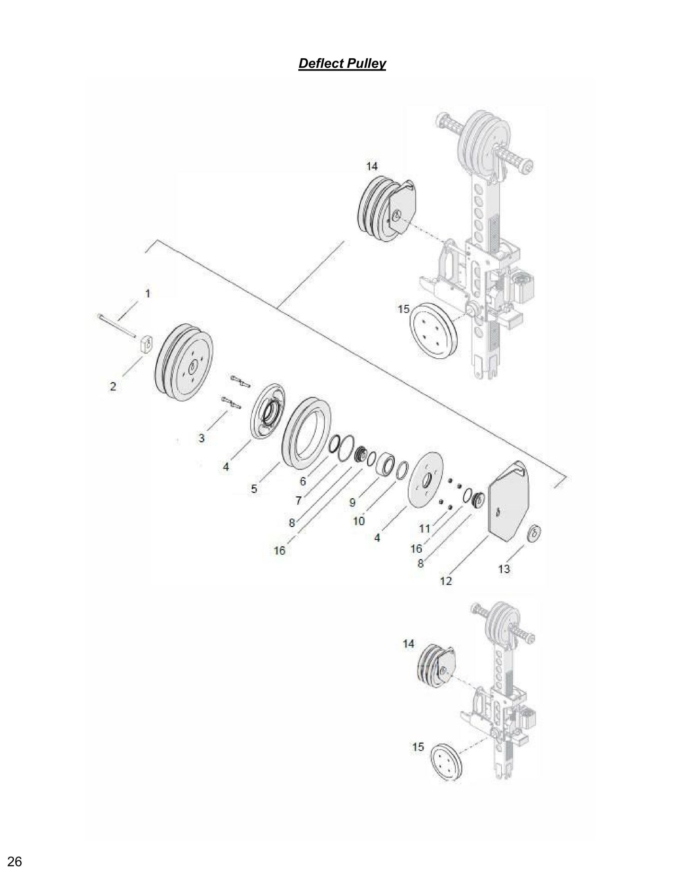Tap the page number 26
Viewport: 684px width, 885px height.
[15, 862]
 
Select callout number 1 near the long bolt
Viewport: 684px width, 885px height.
[147, 293]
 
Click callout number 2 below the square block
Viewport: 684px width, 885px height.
[113, 386]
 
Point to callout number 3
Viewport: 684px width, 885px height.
[202, 438]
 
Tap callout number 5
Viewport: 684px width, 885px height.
[254, 488]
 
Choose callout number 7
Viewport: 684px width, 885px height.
[298, 501]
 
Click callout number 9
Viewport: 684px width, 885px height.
[352, 503]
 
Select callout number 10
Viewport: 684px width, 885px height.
[359, 521]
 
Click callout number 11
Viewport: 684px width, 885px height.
[425, 528]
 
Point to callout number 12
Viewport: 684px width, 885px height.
[446, 581]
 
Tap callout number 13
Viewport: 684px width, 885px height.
[504, 568]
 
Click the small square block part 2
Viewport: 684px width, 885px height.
[146, 344]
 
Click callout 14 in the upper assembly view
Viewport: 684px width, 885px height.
[372, 166]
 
